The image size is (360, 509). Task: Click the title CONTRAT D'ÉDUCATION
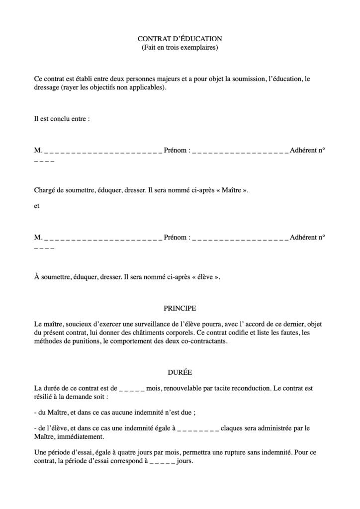[x=180, y=39]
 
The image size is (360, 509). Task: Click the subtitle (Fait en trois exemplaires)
[x=180, y=48]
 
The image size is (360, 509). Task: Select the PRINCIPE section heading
[x=180, y=308]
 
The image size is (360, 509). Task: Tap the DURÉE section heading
[x=180, y=371]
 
